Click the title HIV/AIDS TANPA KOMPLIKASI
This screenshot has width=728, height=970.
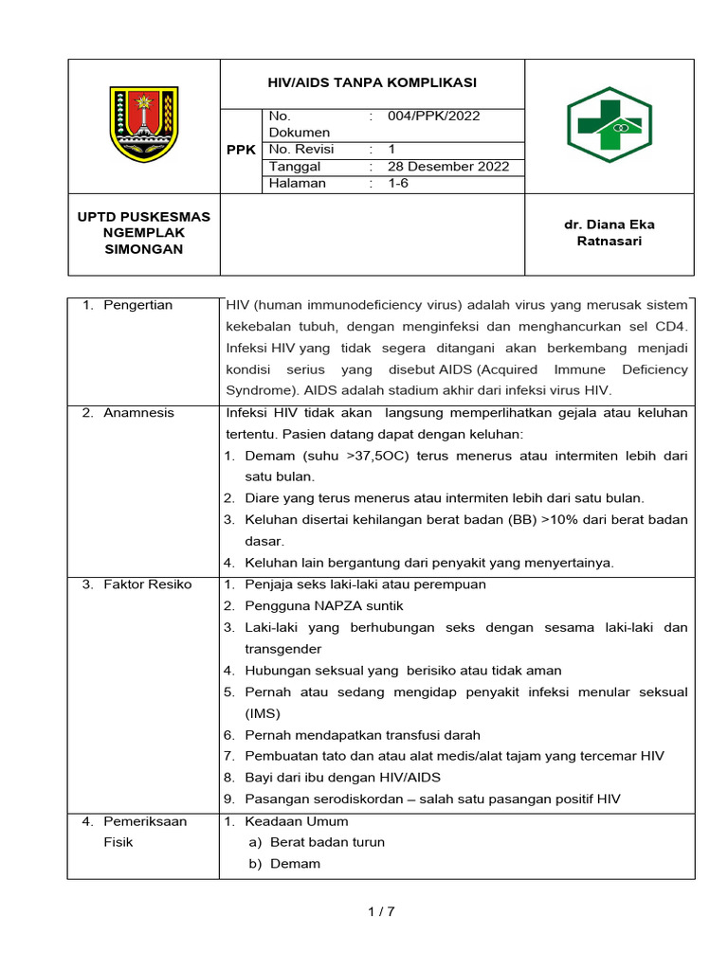372,82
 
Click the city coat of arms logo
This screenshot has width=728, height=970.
144,124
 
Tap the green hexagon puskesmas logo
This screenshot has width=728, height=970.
609,124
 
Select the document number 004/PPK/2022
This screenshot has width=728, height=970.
433,117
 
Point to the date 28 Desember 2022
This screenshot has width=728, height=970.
448,167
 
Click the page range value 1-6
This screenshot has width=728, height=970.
397,184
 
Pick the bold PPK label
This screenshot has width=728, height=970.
241,151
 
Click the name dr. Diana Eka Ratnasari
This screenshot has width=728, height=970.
609,233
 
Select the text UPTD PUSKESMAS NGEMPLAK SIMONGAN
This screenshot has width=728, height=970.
144,233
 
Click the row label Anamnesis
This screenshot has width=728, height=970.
139,413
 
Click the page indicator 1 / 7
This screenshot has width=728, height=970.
380,912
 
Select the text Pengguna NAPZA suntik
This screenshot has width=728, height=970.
318,606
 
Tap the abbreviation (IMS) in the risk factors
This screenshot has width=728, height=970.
263,713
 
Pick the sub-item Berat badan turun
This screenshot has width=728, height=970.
328,842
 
